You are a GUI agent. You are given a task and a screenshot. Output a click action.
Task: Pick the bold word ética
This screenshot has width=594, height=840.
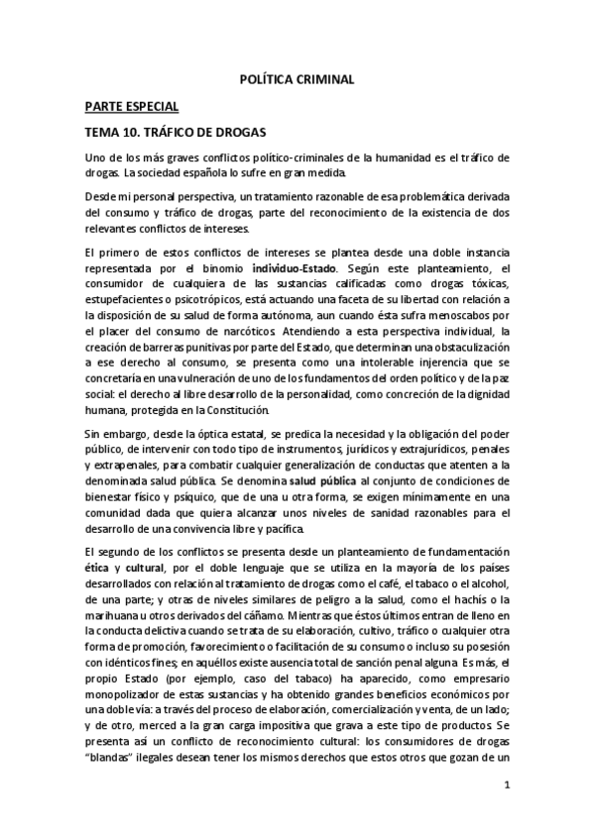coord(97,569)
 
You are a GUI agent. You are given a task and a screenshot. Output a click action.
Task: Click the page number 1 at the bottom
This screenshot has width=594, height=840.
coord(506,785)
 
